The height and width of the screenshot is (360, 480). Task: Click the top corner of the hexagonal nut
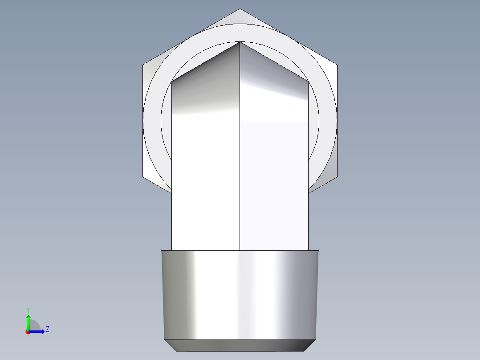[x=240, y=9]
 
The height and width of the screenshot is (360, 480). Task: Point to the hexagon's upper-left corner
[x=143, y=65]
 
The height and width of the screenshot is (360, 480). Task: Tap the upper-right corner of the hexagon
[x=337, y=65]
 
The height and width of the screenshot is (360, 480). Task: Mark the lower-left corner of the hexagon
[x=143, y=177]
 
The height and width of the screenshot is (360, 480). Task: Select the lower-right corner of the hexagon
[x=337, y=177]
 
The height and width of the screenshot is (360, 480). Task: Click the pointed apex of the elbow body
[x=240, y=42]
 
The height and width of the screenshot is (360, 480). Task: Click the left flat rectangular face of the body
[x=206, y=185]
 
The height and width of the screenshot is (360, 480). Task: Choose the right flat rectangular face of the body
[x=274, y=185]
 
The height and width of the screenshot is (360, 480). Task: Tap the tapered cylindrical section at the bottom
[x=240, y=294]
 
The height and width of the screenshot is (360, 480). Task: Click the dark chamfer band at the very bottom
[x=240, y=345]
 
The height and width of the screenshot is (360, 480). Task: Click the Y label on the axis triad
[x=28, y=309]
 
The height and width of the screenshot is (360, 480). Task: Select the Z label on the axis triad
[x=47, y=329]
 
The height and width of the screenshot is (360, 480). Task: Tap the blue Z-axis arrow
[x=38, y=331]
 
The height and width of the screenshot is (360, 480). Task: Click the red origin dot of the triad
[x=28, y=332]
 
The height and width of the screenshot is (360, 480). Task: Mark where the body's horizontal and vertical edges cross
[x=240, y=121]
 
